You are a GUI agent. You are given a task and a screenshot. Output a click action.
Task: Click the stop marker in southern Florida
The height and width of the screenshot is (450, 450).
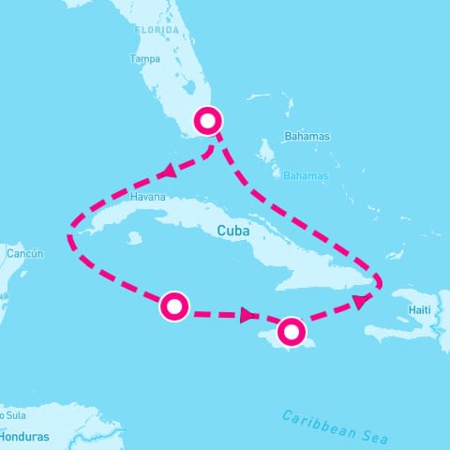(207, 120)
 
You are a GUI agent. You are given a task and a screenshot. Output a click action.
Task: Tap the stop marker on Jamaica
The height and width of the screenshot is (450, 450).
(292, 330)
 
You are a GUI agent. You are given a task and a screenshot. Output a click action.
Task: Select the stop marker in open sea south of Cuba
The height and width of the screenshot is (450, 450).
(174, 306)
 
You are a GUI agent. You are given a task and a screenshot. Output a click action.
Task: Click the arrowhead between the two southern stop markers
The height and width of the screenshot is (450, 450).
(248, 316)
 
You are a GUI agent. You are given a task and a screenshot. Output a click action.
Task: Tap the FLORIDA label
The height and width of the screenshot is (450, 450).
(157, 30)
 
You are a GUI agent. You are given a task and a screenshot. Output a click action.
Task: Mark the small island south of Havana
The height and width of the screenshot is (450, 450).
(134, 238)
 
